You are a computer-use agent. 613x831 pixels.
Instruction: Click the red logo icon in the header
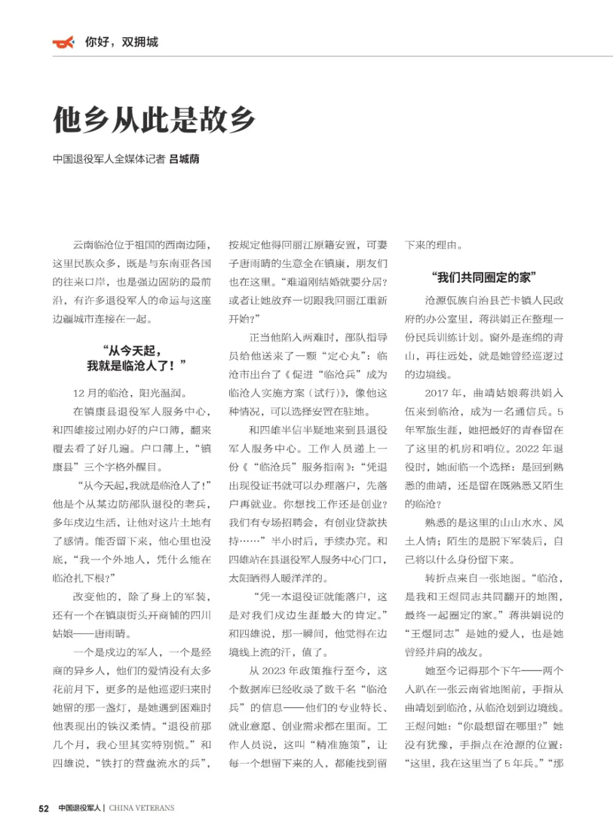[x=63, y=42]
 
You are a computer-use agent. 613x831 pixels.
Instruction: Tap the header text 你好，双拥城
[x=121, y=42]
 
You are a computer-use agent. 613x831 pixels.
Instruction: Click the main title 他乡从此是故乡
[x=154, y=119]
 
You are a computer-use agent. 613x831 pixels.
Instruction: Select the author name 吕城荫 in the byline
[x=184, y=159]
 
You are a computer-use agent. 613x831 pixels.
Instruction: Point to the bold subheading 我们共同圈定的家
[x=484, y=277]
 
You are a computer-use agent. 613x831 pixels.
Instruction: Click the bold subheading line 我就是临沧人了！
[x=136, y=366]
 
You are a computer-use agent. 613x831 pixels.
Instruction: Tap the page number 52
[x=44, y=808]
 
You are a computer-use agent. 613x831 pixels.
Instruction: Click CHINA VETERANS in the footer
[x=142, y=808]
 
